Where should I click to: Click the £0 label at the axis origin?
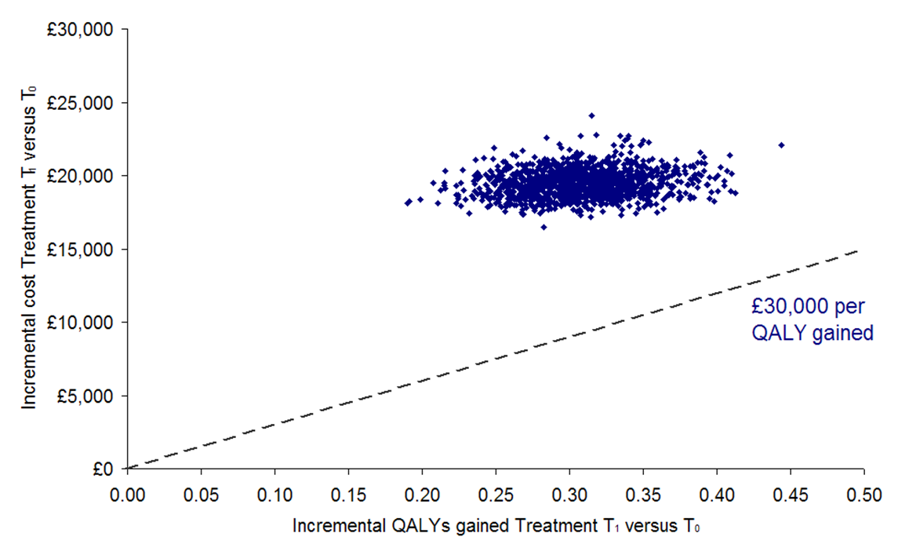click(107, 469)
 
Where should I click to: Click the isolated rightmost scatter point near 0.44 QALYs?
click(781, 145)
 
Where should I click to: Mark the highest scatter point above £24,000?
click(591, 115)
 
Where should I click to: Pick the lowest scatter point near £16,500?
click(544, 227)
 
